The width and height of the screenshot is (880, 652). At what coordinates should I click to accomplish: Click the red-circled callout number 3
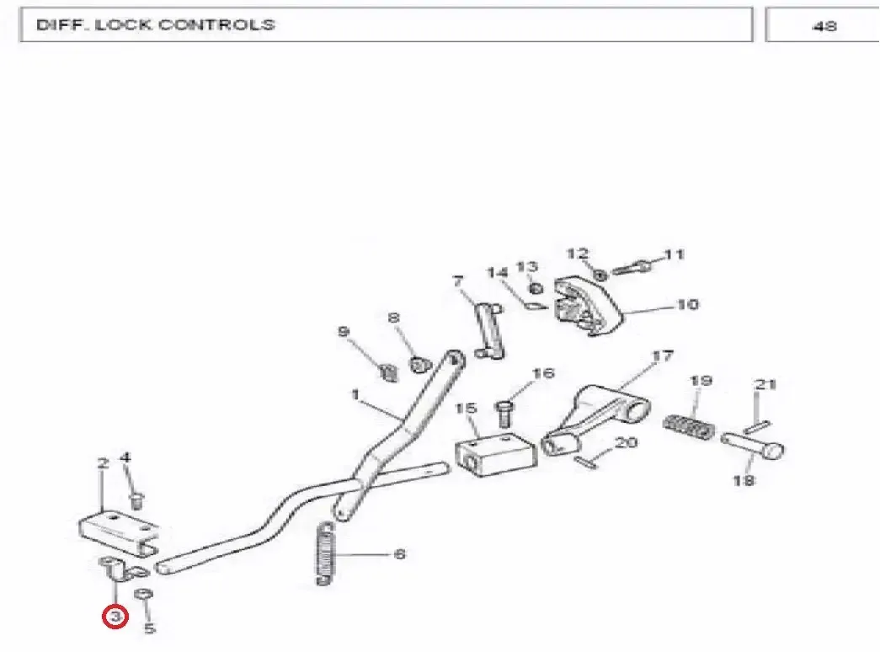click(x=115, y=617)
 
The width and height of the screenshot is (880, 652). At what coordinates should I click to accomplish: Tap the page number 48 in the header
click(x=824, y=26)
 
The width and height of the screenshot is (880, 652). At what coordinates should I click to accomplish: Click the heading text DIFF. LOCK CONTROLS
click(x=156, y=24)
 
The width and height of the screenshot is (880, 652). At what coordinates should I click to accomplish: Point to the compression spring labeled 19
click(x=688, y=427)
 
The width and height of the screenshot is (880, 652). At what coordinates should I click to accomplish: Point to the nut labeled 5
click(x=144, y=595)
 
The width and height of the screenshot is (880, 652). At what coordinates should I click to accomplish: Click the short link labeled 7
click(x=488, y=331)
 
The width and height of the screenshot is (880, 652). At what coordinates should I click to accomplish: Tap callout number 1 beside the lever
click(x=355, y=394)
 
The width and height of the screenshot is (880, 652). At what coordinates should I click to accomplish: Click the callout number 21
click(x=765, y=385)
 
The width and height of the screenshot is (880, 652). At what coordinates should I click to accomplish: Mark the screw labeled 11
click(x=632, y=267)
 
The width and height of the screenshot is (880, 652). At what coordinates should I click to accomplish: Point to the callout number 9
click(x=344, y=331)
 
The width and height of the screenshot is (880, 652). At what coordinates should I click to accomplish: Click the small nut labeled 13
click(x=536, y=288)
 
